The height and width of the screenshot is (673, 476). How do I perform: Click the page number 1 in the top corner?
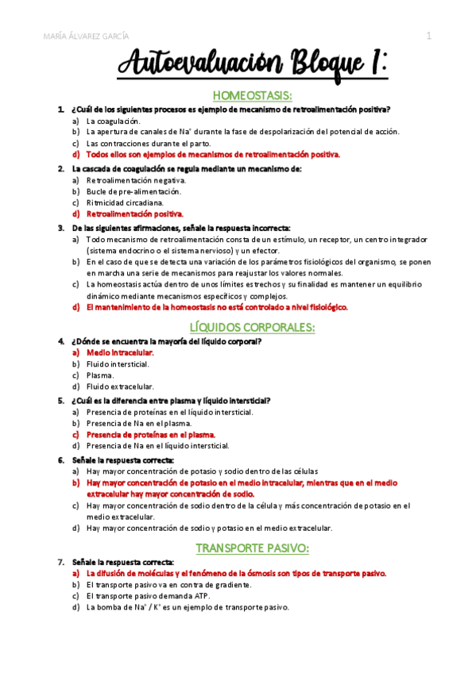click(428, 36)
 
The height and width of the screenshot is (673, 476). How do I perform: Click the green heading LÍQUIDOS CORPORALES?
click(253, 327)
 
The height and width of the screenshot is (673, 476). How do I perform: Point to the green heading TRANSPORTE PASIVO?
click(253, 548)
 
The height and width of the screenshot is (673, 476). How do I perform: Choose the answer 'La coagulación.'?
click(113, 121)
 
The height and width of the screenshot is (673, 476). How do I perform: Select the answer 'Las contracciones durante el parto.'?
click(148, 144)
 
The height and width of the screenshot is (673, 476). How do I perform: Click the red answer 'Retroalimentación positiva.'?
click(134, 213)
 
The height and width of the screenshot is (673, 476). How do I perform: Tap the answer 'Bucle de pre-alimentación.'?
click(134, 191)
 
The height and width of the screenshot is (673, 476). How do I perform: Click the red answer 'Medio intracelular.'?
click(119, 352)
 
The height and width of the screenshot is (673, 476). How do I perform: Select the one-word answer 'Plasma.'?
click(100, 375)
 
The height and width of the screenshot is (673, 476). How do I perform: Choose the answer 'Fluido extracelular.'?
click(120, 386)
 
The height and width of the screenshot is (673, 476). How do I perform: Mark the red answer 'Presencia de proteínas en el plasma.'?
click(151, 435)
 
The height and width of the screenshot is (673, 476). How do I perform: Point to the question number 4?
click(61, 341)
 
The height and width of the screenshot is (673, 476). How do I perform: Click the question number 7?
click(61, 562)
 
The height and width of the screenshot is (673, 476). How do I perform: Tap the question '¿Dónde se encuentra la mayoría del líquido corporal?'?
click(166, 341)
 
